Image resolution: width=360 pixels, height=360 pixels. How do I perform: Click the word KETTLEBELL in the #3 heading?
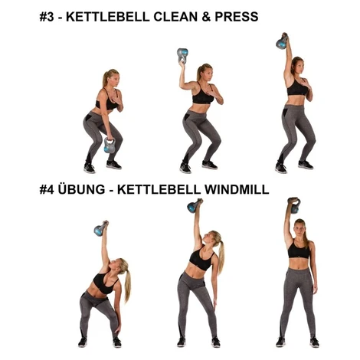pos(108,17)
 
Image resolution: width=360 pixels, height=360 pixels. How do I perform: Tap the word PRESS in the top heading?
pos(237,17)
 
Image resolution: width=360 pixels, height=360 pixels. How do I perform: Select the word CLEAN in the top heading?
pos(175,17)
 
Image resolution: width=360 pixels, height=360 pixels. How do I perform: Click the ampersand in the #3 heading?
pos(205,17)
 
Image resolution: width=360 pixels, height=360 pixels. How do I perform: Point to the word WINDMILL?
pos(237,189)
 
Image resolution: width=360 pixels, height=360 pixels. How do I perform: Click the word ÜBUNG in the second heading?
pos(81,188)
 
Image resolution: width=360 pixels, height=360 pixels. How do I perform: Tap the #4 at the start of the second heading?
pos(47,189)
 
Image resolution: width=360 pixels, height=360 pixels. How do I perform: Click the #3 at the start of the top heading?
pos(47,17)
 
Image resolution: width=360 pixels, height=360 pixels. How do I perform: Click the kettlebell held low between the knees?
pos(110,146)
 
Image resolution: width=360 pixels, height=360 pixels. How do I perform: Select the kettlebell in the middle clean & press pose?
pos(182,55)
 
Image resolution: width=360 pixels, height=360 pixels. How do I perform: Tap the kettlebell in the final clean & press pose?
pos(282,42)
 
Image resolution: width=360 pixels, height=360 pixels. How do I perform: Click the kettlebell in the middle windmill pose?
pos(194,206)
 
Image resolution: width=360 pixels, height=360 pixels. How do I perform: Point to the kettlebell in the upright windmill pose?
pos(294,205)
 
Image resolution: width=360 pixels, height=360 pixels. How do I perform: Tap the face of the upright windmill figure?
pos(299,229)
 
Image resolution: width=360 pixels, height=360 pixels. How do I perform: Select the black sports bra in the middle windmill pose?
pos(201,259)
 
